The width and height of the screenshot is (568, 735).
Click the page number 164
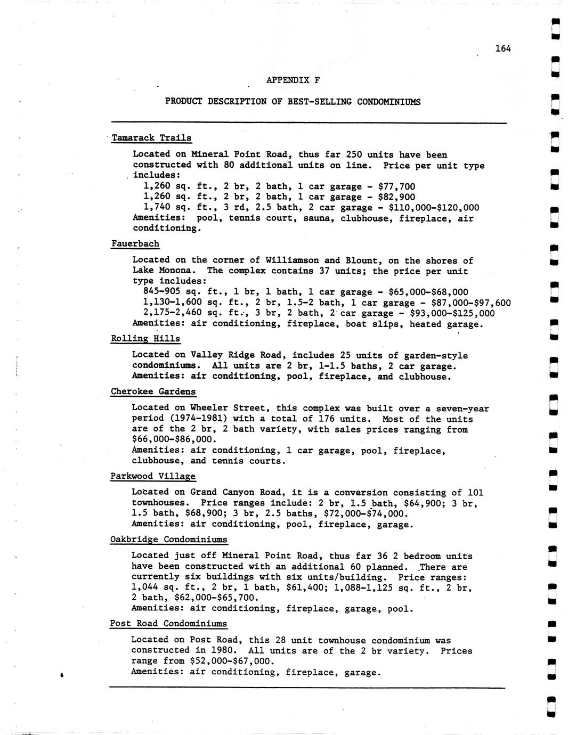pyautogui.click(x=502, y=48)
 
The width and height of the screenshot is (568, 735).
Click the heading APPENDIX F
pyautogui.click(x=293, y=80)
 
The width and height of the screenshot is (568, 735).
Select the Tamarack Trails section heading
pyautogui.click(x=151, y=138)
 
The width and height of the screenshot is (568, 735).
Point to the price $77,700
pyautogui.click(x=396, y=186)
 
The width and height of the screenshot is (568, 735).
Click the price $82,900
pyautogui.click(x=396, y=197)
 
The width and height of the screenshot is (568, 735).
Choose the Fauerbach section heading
pyautogui.click(x=135, y=244)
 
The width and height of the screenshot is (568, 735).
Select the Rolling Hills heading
pyautogui.click(x=145, y=339)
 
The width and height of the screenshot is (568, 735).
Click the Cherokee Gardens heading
pyautogui.click(x=153, y=391)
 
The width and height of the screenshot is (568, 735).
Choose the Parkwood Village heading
pyautogui.click(x=153, y=476)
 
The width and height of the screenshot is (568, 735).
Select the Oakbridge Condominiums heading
pyautogui.click(x=168, y=540)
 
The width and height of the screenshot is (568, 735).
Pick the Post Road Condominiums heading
pyautogui.click(x=168, y=624)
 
